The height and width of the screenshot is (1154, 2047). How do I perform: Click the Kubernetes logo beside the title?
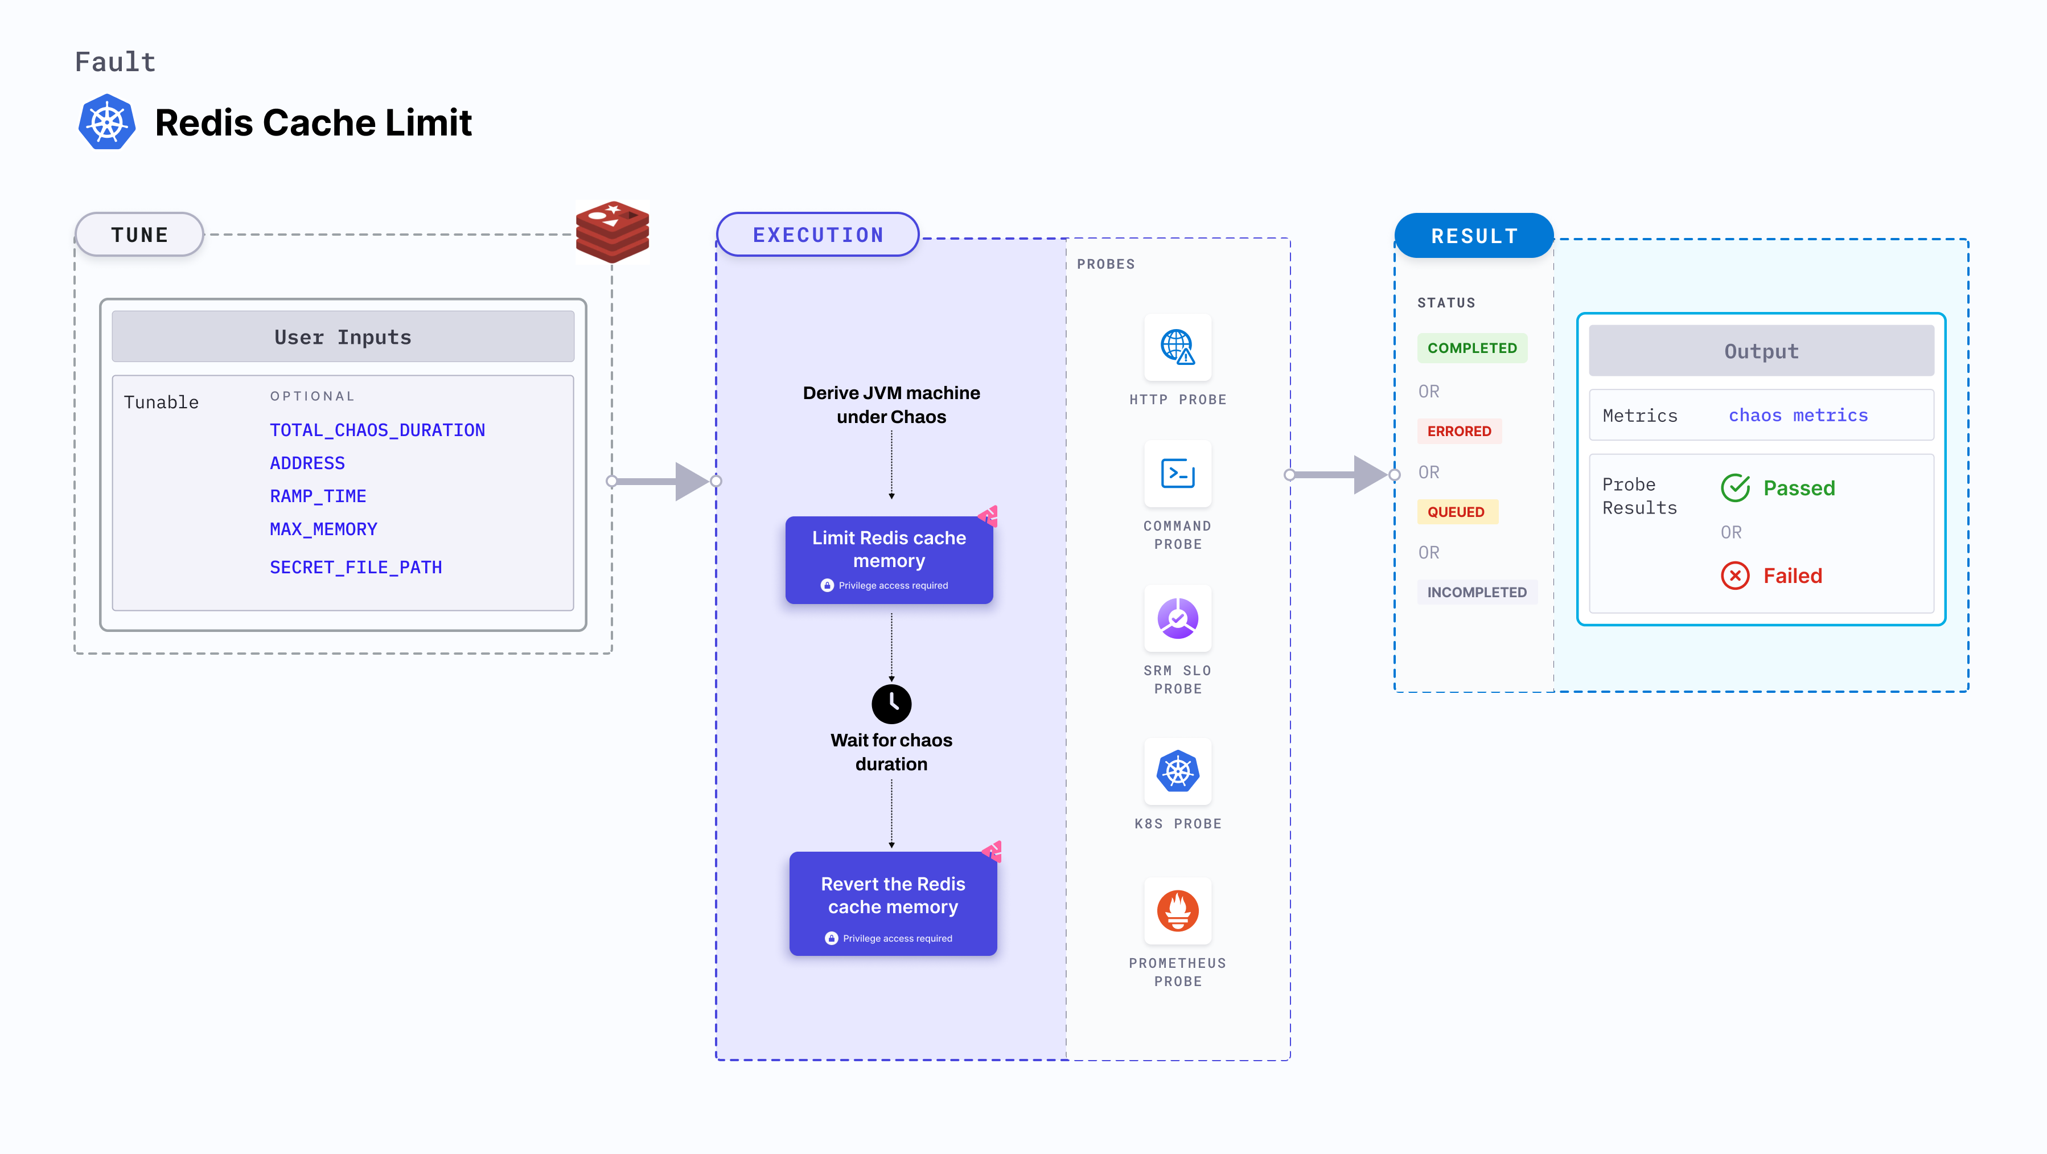(106, 122)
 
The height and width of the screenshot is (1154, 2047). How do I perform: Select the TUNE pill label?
(140, 235)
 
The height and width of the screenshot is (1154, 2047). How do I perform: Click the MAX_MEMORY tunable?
(323, 529)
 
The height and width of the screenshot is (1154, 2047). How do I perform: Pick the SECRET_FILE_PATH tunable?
(355, 568)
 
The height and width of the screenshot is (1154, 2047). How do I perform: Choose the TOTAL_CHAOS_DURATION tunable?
(377, 430)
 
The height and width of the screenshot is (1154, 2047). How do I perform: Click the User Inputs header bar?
(343, 337)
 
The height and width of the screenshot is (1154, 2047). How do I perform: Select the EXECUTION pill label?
(817, 235)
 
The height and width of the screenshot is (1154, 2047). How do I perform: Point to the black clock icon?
(891, 703)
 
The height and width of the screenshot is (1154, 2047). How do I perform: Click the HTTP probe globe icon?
(1177, 347)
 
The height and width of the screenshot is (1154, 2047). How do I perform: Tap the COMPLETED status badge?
(1471, 348)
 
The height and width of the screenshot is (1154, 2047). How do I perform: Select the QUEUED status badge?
(1456, 512)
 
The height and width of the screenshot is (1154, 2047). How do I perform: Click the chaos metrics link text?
(1798, 416)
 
